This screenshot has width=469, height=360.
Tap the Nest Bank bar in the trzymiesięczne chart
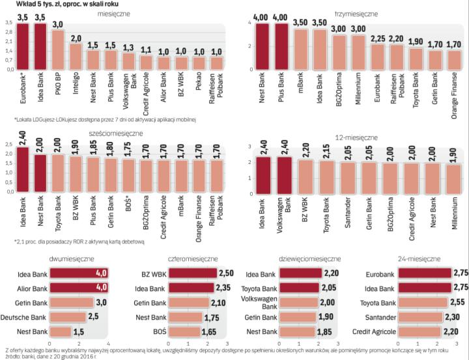263,46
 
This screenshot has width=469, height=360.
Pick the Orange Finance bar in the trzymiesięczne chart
454,60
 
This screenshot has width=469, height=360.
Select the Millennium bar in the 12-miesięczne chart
452,180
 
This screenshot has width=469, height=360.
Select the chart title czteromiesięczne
194,258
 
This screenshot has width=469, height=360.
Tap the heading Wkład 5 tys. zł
46,5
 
